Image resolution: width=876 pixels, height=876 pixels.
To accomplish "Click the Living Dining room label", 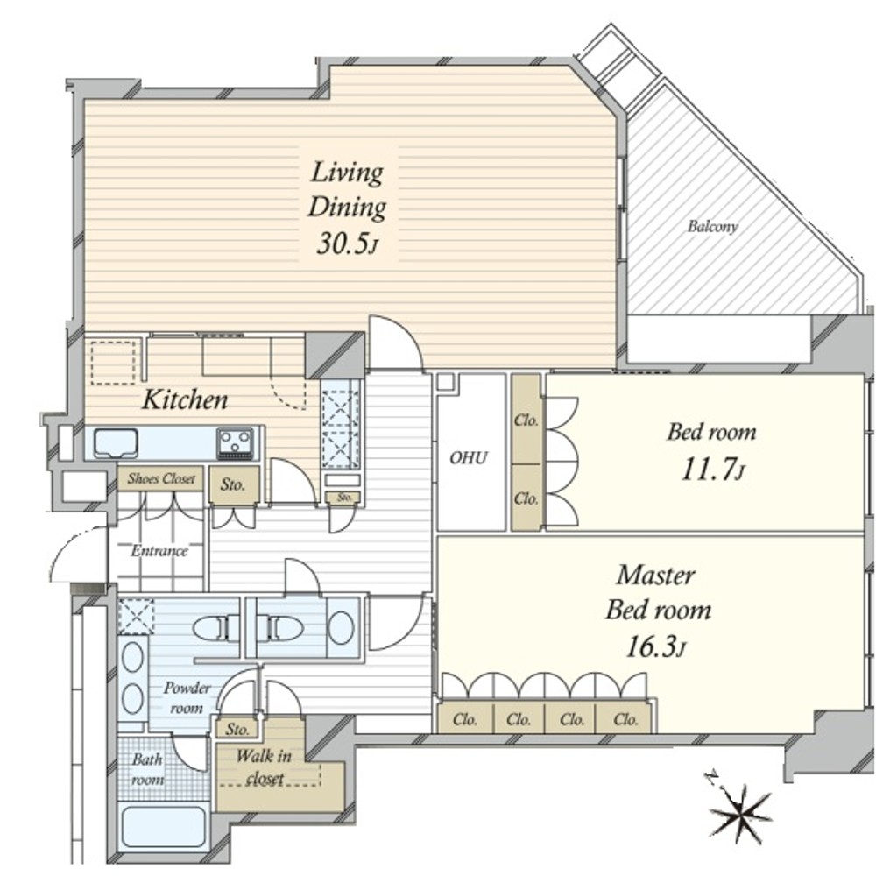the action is coord(347,189).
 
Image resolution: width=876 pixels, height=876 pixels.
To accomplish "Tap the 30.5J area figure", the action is coord(348,243).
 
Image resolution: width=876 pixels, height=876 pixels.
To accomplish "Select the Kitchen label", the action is coord(185,400).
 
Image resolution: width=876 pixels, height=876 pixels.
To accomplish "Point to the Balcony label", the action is coord(712,226).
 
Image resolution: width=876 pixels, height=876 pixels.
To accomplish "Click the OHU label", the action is coord(469,458).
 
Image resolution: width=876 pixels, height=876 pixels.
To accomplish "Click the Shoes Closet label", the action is coord(161,479).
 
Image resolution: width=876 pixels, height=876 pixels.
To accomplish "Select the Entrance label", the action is coord(159,551).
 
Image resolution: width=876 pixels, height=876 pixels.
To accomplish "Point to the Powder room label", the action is coord(187,698).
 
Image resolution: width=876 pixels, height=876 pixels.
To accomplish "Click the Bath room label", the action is coord(147,770).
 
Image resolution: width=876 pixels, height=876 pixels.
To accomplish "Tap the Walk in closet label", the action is coord(264,767).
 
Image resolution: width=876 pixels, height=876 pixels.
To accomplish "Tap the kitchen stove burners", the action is coord(235,442).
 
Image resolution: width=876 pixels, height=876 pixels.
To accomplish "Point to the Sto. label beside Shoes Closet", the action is coord(233,484).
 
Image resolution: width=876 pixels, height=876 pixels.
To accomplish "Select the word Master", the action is coord(656,575).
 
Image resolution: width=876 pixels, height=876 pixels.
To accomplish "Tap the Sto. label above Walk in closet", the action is coord(237,729).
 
